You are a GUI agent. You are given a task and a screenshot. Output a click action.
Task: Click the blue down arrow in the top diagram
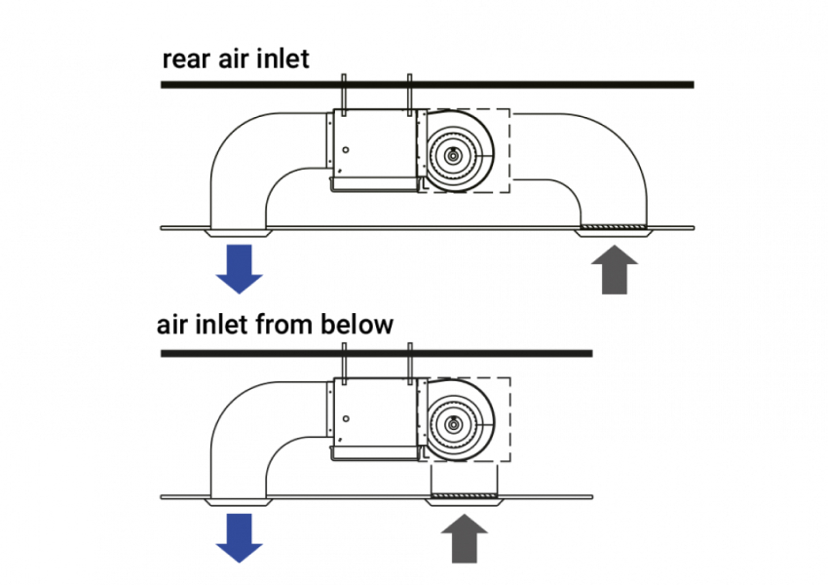coord(239,267)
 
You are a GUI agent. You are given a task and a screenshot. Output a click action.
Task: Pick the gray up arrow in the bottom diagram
coord(465,538)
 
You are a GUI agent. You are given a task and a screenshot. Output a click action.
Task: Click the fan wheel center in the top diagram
coord(454,154)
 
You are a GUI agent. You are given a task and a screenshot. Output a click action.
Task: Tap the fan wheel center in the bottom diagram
coord(454,424)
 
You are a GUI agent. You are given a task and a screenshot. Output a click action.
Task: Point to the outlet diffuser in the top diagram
coord(239,232)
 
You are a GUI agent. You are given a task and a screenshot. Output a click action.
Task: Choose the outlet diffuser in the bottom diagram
coord(239,502)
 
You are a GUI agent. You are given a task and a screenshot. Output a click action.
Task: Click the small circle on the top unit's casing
coord(346,150)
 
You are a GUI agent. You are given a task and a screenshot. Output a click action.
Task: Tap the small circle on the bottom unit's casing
coord(346,420)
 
